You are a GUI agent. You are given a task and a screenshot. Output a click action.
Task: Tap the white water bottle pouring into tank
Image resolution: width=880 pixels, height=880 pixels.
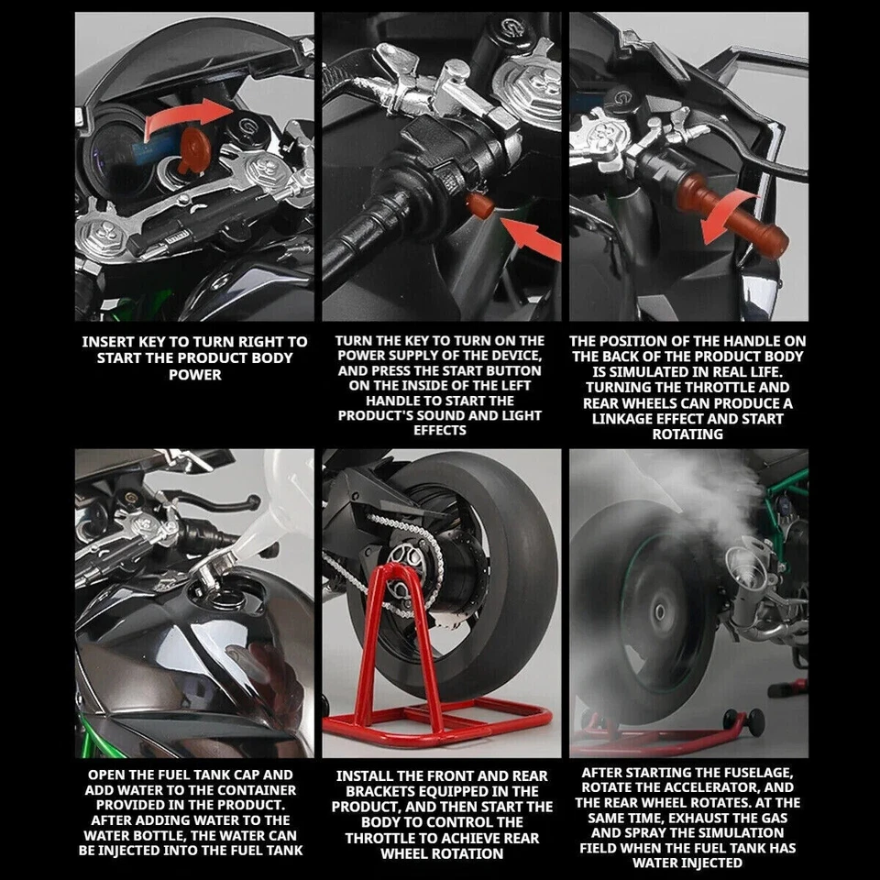(275, 513)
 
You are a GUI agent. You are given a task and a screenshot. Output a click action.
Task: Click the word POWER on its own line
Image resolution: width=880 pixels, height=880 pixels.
(195, 375)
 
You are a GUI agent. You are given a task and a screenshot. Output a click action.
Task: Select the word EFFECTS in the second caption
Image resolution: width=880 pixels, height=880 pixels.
(440, 431)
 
